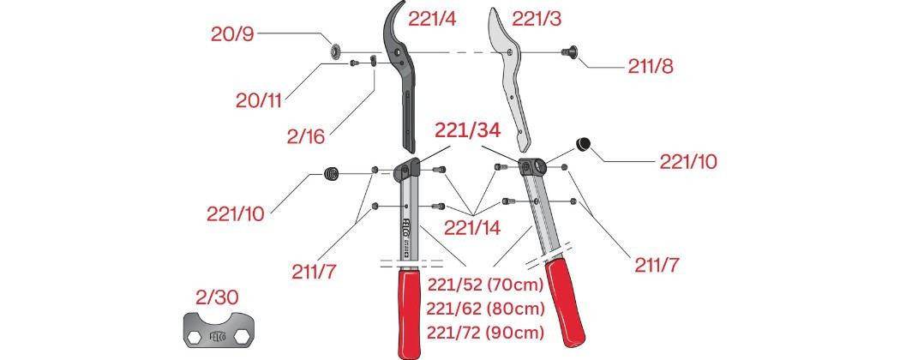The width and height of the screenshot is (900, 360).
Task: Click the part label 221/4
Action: pyautogui.click(x=432, y=19)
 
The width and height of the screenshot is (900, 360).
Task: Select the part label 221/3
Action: pyautogui.click(x=537, y=19)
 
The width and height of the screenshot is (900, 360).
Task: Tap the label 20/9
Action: pyautogui.click(x=232, y=34)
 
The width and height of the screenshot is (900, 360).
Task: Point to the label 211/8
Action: pyautogui.click(x=651, y=67)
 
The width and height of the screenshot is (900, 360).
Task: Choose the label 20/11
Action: pyautogui.click(x=259, y=101)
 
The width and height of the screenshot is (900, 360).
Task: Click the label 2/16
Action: pyautogui.click(x=306, y=136)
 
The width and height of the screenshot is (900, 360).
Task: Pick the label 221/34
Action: pyautogui.click(x=467, y=130)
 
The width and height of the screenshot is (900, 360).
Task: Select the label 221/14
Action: pyautogui.click(x=472, y=227)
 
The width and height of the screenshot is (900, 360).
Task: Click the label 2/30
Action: pyautogui.click(x=216, y=297)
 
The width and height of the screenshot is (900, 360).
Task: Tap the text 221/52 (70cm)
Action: pyautogui.click(x=484, y=285)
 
